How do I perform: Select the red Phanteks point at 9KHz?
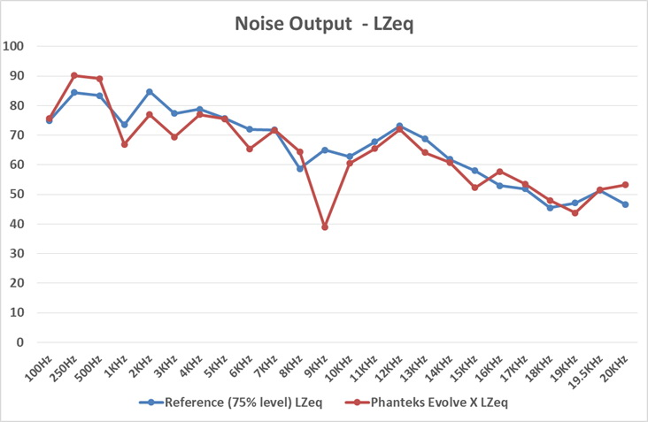(325, 227)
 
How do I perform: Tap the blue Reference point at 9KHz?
(325, 150)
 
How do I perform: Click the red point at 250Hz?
(74, 75)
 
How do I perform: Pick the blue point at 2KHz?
(150, 91)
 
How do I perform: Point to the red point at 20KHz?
(625, 185)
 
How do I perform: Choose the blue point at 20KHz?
(625, 204)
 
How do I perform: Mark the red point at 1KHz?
(125, 144)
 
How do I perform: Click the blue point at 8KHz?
(300, 168)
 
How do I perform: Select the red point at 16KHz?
(500, 172)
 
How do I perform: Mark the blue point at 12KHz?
(400, 126)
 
